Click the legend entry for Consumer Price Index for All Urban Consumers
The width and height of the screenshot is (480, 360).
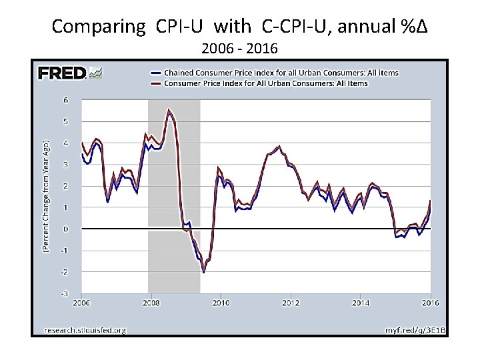click(265, 83)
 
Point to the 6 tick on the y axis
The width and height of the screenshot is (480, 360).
click(65, 100)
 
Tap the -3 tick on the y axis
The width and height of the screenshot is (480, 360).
click(64, 293)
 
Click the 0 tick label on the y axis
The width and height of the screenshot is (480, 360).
click(65, 229)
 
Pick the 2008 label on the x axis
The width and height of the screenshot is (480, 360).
click(151, 303)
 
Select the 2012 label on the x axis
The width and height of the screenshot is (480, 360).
click(290, 303)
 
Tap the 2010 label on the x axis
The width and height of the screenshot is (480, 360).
click(221, 303)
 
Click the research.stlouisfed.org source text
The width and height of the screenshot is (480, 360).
click(85, 329)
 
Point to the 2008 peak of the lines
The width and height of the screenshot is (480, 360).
click(169, 110)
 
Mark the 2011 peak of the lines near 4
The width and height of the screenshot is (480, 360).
click(279, 147)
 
